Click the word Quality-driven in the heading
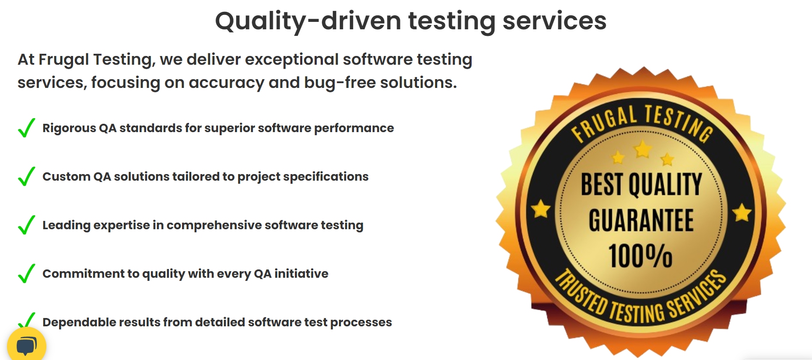[308, 21]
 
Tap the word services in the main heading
[554, 21]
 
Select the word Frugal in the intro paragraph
[64, 60]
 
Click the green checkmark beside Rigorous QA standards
[27, 128]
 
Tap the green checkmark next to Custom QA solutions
[27, 176]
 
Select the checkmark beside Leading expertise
[27, 225]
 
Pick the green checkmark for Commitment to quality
[27, 273]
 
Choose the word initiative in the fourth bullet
[301, 273]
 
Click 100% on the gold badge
[640, 256]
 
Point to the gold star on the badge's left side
[541, 209]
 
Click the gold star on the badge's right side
[742, 213]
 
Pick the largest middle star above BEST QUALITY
[643, 149]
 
